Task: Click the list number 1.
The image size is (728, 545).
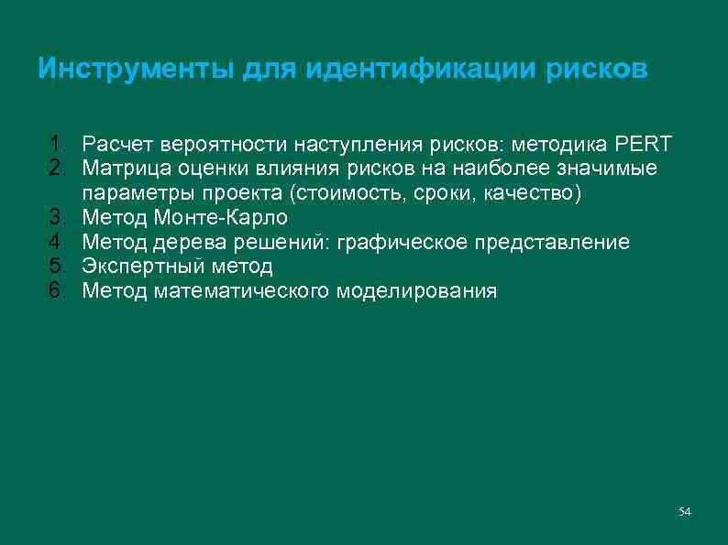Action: point(58,145)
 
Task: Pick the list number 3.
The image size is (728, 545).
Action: point(58,218)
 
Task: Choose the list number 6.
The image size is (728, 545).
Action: point(58,291)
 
